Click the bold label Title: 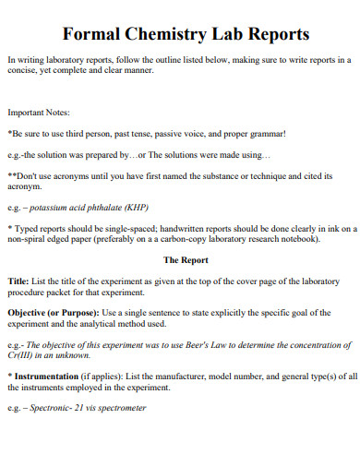pos(18,279)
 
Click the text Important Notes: pos(39,112)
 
